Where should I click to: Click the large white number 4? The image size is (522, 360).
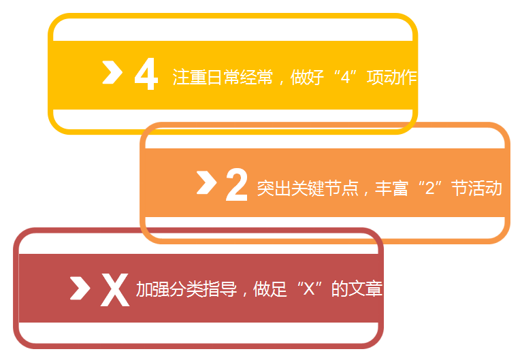[146, 74]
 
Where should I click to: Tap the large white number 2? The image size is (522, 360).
[236, 184]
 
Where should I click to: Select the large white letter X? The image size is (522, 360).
[115, 290]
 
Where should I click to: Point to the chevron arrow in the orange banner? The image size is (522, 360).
[206, 182]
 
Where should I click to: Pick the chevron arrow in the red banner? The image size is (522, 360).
[80, 287]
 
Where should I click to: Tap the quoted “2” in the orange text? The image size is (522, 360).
[429, 188]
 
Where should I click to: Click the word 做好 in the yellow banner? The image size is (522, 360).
[307, 77]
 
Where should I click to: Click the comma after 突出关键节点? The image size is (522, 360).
[366, 191]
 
